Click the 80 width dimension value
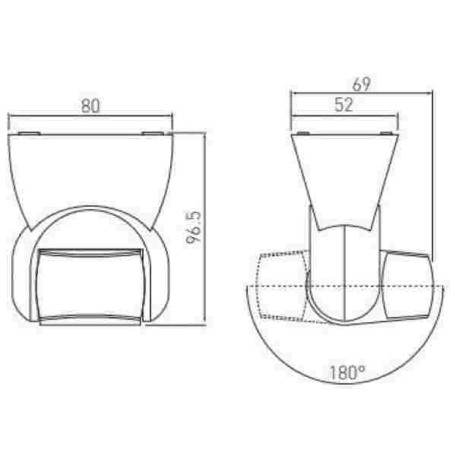coord(90,106)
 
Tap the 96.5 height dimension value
coord(194,227)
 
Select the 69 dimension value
coord(362,84)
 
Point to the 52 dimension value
coord(344,105)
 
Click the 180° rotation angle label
coord(347,372)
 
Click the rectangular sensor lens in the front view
coord(90,287)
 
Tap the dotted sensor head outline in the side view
coord(281,287)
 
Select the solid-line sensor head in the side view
coord(407,287)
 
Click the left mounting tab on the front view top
coord(29,133)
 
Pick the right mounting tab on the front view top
coord(153,133)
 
